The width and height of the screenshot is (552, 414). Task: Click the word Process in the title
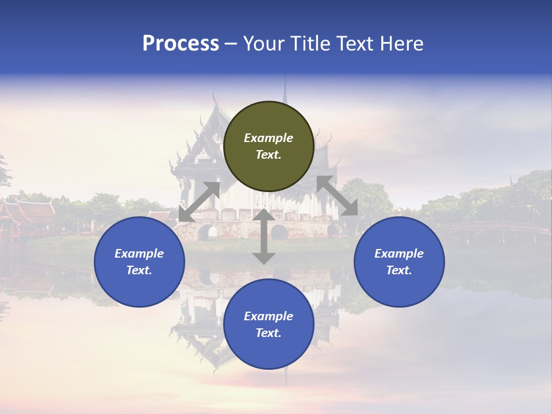181,44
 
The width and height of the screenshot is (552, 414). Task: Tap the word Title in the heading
308,44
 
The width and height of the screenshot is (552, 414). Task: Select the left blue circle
139,262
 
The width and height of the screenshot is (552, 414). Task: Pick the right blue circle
399,262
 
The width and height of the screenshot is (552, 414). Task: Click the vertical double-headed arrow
264,236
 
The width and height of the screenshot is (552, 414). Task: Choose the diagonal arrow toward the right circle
338,195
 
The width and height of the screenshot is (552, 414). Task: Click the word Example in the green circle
269,138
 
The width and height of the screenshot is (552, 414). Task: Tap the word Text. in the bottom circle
269,333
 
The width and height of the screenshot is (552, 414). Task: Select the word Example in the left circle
139,254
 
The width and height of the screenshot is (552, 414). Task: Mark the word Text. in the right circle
399,270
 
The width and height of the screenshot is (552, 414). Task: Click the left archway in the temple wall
208,232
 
